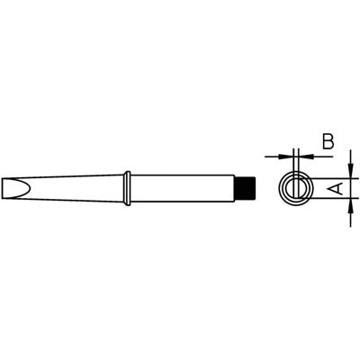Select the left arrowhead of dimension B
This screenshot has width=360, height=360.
[285, 154]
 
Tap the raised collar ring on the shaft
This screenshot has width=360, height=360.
[130, 188]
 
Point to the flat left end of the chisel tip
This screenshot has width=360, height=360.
[13, 188]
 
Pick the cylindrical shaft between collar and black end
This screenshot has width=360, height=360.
[189, 188]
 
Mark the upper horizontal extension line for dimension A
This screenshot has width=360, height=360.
[328, 172]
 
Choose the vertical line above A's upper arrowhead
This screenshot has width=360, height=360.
[348, 158]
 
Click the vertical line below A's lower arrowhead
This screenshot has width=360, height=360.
[348, 217]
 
